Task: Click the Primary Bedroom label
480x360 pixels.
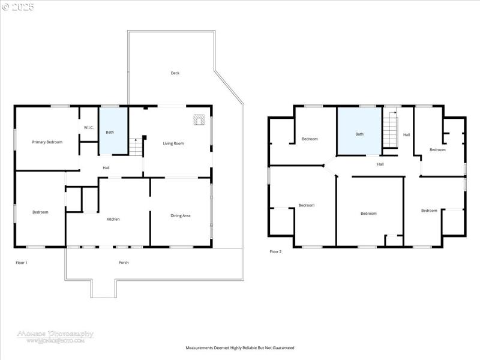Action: click(47, 142)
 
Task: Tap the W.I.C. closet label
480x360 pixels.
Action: click(88, 127)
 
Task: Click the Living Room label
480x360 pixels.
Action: click(173, 143)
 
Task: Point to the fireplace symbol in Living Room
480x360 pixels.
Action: click(199, 120)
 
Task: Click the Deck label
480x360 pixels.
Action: click(175, 73)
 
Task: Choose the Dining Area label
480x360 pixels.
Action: click(181, 215)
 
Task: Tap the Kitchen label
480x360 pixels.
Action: click(113, 219)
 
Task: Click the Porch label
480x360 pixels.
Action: click(124, 262)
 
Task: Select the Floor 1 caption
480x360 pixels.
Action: click(22, 263)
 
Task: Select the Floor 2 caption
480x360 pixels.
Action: click(275, 251)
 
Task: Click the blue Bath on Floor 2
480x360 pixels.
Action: click(359, 133)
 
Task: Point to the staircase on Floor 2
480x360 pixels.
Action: click(390, 129)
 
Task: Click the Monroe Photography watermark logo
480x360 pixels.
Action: click(55, 336)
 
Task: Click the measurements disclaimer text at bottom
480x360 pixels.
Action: click(240, 347)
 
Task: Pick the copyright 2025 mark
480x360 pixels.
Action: click(18, 7)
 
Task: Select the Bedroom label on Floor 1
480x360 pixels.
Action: click(40, 212)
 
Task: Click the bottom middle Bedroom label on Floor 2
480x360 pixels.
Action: click(368, 214)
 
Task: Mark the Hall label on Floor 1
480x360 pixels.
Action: click(106, 167)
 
